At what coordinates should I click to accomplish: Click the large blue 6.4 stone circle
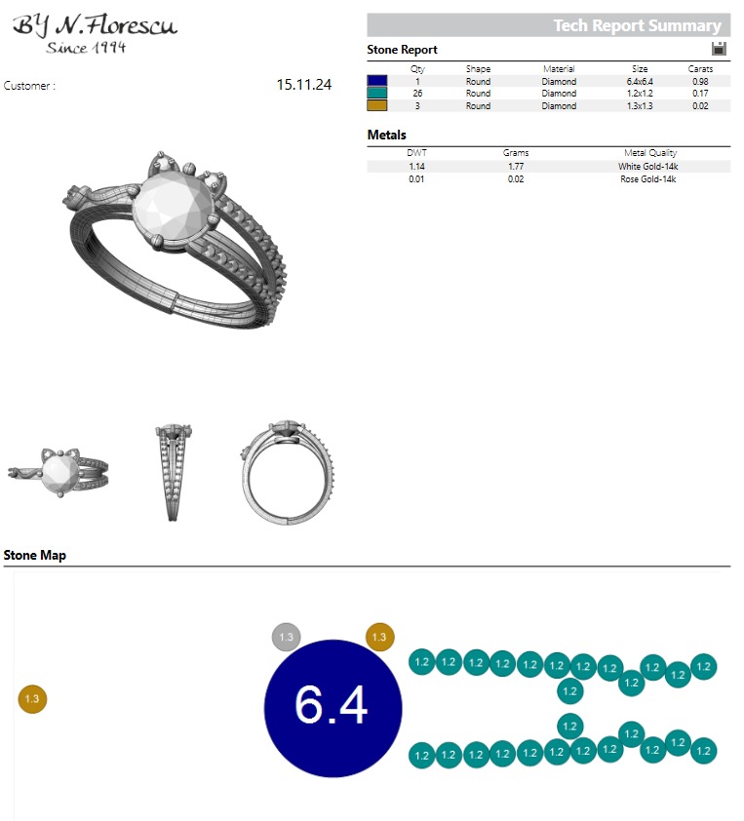[x=333, y=707]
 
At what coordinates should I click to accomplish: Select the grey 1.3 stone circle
[x=286, y=637]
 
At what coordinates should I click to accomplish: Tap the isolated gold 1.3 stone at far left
[x=32, y=698]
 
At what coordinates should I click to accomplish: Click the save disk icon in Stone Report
[x=720, y=49]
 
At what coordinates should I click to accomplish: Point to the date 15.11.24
[x=303, y=85]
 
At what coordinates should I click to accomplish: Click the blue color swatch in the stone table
[x=377, y=82]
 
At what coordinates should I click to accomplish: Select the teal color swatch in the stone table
[x=377, y=94]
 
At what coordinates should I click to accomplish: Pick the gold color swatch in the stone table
[x=377, y=105]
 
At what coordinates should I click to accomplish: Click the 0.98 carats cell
[x=700, y=82]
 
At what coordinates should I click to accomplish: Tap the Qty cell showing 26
[x=418, y=94]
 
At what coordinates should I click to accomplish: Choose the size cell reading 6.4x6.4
[x=640, y=82]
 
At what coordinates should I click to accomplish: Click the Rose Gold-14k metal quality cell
[x=649, y=179]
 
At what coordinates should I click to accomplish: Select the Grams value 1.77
[x=515, y=167]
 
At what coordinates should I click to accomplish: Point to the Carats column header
[x=700, y=69]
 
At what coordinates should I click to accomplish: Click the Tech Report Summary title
[x=637, y=26]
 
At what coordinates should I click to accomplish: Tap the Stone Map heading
[x=35, y=555]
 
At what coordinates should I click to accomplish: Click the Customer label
[x=29, y=86]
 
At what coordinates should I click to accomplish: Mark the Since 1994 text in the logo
[x=86, y=48]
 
